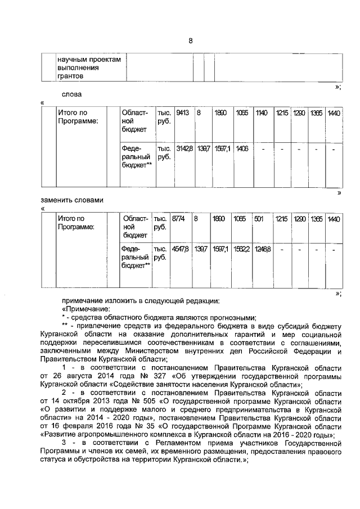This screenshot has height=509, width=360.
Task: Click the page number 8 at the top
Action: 190,40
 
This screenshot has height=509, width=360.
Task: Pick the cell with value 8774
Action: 179,219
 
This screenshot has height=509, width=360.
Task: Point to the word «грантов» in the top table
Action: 70,75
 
